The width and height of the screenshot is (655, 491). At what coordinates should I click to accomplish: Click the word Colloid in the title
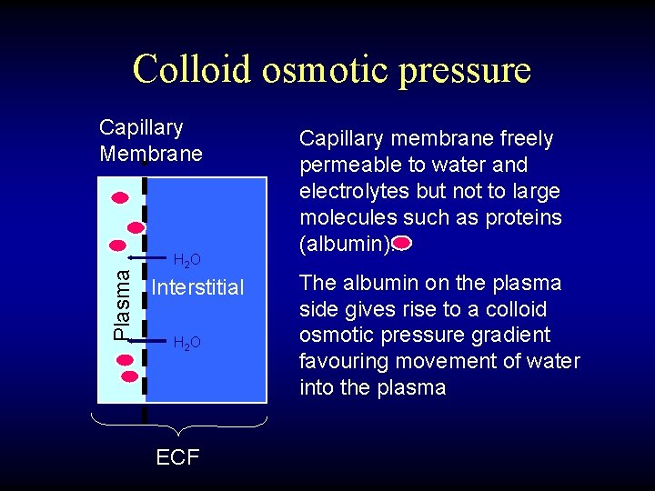coord(193,69)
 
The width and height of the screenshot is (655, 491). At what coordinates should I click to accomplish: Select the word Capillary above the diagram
coord(141,127)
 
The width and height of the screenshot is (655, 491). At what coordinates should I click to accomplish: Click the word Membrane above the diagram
coord(151,153)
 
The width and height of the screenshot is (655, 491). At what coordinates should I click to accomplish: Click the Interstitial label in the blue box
coord(198,288)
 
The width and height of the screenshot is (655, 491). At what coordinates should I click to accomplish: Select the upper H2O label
coord(186,260)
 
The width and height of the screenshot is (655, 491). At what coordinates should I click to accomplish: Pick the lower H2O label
coord(186,343)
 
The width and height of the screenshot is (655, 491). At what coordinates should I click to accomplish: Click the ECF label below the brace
coord(177,457)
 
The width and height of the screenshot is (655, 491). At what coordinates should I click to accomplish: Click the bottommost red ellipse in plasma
coord(129,376)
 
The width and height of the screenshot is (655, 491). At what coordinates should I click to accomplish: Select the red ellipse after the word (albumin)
coord(403,244)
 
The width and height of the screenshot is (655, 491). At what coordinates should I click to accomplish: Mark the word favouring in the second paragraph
coord(345,362)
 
